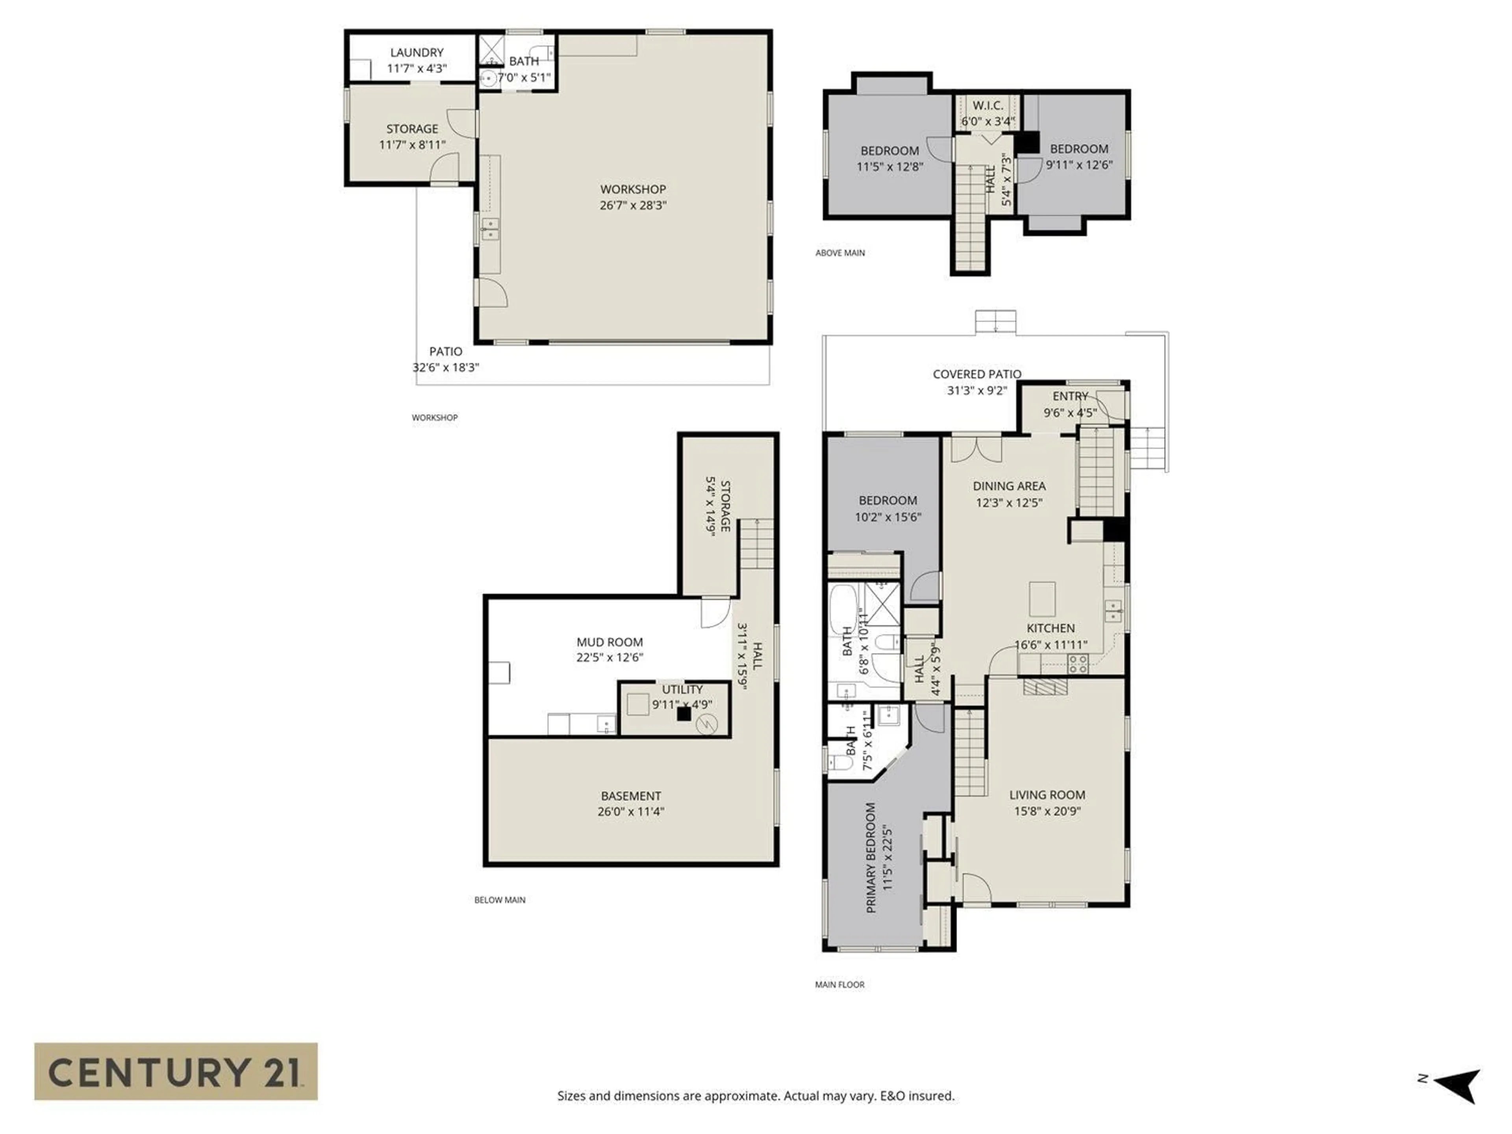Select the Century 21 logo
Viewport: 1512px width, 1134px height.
coord(176,1071)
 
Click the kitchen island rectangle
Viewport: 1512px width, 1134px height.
coord(1042,599)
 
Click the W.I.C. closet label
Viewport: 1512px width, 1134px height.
coord(988,105)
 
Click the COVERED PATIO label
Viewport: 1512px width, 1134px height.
coord(977,374)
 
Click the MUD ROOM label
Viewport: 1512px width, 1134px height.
coord(609,642)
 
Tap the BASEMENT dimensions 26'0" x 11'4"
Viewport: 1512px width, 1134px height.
coord(630,812)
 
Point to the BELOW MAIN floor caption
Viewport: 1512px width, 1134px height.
coord(500,900)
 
